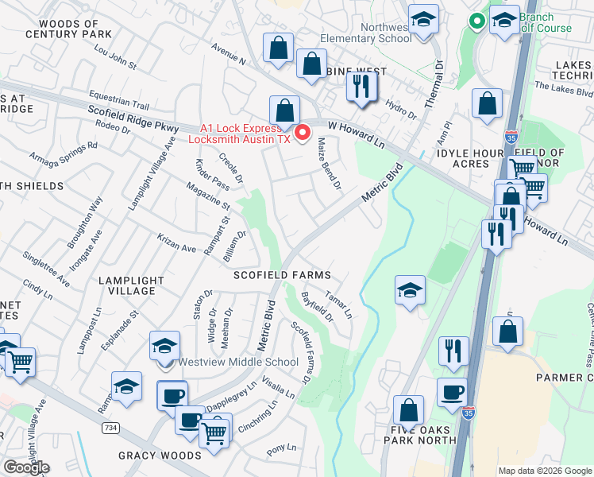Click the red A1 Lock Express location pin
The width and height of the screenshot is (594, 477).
coord(302,132)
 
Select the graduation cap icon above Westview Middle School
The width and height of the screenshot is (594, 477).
coord(164,346)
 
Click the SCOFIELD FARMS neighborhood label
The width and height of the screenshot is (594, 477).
coord(282,275)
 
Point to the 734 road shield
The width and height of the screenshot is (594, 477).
coord(110,428)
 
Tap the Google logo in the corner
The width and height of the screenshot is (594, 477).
coord(26,467)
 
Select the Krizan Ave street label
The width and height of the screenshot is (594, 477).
coord(176,249)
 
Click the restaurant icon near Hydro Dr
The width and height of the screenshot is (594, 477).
coord(361,87)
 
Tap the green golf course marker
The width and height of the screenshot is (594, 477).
coord(476,21)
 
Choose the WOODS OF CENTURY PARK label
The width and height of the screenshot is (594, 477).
coord(68,29)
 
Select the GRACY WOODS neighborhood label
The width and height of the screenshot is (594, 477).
coord(160,456)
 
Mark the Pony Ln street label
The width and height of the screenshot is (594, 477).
coord(281,449)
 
